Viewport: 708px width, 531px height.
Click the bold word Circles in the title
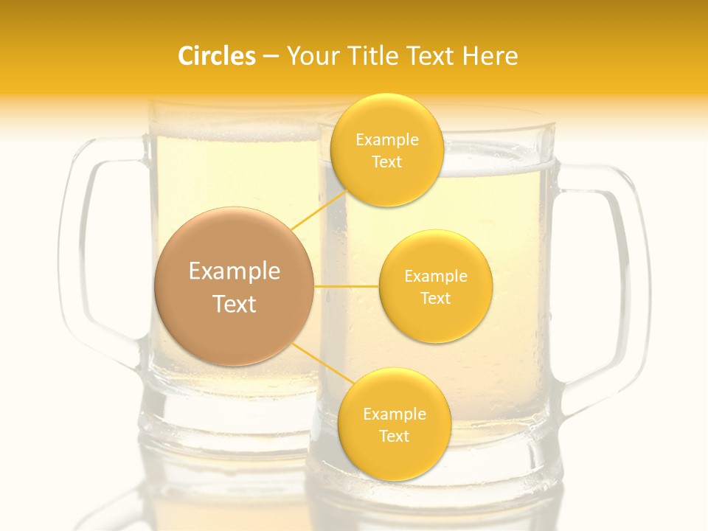[x=217, y=56]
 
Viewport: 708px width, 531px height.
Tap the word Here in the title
[x=490, y=56]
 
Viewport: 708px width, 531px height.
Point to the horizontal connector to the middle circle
[x=346, y=285]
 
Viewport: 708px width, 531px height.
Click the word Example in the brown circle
[x=234, y=271]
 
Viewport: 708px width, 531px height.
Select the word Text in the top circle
[x=386, y=162]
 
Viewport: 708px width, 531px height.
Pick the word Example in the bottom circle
[x=394, y=414]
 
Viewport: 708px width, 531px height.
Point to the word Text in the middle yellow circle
[x=435, y=298]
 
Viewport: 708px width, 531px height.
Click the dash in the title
[x=271, y=56]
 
